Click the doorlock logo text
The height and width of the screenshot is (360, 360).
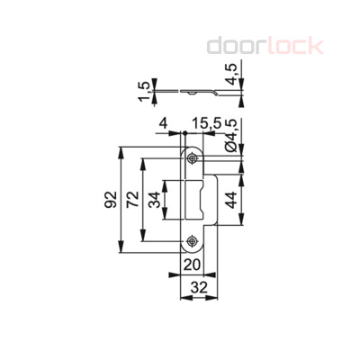(x=265, y=45)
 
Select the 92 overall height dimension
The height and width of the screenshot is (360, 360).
(x=109, y=199)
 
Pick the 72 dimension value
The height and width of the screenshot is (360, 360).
(x=132, y=199)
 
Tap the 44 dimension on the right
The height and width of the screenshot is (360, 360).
(x=231, y=201)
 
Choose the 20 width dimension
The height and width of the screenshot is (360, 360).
(x=192, y=265)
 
